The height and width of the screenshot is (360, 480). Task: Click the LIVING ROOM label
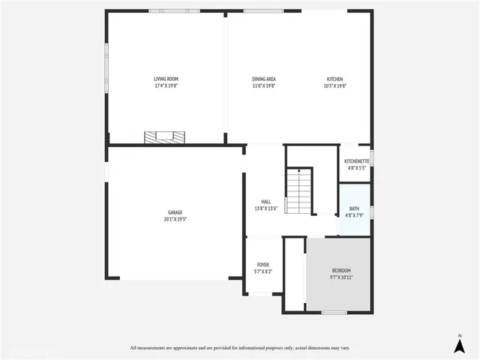tap(166, 79)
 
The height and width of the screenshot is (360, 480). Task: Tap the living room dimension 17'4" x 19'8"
tap(166, 85)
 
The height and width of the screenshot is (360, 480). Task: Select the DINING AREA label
tap(264, 79)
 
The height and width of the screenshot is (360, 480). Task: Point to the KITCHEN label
tap(334, 79)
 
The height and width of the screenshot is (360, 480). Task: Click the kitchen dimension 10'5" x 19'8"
tap(334, 85)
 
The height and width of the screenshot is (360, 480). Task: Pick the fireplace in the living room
tap(165, 137)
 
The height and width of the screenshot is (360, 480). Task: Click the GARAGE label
tap(174, 212)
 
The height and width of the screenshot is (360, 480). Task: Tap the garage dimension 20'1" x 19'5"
tap(174, 219)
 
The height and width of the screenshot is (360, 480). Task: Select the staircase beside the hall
tap(298, 191)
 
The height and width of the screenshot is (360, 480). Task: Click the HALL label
tap(265, 202)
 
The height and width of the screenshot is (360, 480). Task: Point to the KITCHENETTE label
tap(355, 161)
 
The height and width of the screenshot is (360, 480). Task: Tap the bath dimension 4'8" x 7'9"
tap(353, 215)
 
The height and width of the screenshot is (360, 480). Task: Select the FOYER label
tap(262, 265)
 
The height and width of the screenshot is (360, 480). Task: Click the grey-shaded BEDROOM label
tap(341, 270)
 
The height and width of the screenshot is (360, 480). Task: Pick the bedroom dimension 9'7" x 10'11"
tap(341, 277)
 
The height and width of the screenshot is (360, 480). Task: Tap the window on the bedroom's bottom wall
tap(334, 312)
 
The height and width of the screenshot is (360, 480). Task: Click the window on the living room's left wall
tap(106, 60)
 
